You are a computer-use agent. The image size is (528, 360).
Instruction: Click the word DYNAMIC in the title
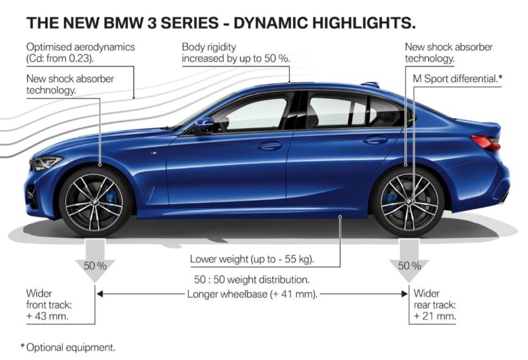pos(270,23)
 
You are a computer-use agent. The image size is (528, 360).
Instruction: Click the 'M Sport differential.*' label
pos(457,79)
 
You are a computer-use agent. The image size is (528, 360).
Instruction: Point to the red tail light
pos(486,142)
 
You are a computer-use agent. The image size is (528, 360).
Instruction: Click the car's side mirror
pos(205,126)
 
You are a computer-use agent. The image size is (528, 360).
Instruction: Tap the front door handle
pos(269,145)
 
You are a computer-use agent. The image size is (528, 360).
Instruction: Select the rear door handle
pos(375,139)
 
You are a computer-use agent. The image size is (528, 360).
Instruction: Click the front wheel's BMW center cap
pos(94,202)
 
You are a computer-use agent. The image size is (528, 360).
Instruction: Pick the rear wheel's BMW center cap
pos(408,201)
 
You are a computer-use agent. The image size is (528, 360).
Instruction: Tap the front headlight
pos(46,162)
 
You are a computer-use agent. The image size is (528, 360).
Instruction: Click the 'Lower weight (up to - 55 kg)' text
pos(252,259)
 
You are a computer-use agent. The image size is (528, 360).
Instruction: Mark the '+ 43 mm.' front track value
pos(48,316)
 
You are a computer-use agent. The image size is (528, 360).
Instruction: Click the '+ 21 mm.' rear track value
pos(435,316)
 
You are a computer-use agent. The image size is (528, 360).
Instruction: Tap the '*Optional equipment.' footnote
pos(68,347)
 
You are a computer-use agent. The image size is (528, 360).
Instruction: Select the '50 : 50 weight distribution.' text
pos(251,280)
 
